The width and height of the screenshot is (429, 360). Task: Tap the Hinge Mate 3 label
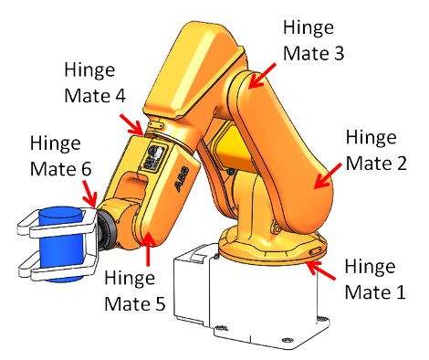314,40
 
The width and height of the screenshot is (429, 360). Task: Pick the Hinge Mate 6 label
61,157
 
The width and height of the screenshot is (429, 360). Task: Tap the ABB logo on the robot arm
181,176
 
